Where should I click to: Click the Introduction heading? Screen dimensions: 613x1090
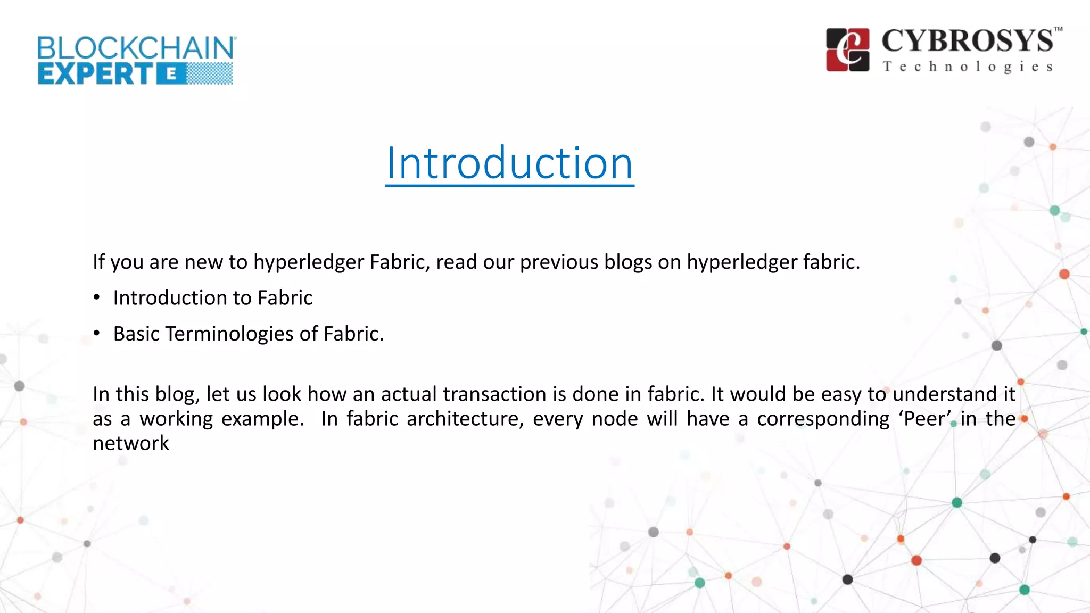(x=509, y=163)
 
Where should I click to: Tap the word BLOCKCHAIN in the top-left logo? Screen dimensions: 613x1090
(x=136, y=48)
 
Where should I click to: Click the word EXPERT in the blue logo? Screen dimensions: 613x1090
(x=96, y=73)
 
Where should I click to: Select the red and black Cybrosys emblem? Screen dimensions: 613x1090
(x=848, y=49)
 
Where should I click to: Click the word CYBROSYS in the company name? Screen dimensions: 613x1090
(x=967, y=41)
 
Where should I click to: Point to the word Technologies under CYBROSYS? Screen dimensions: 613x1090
(x=968, y=67)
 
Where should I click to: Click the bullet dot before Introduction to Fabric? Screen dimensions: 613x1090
(x=96, y=297)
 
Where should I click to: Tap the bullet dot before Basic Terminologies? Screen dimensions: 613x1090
(x=96, y=334)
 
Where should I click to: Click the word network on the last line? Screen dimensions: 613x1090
(x=131, y=443)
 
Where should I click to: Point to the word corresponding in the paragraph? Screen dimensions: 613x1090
(x=823, y=419)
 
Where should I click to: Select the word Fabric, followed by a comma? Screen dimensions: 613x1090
(x=400, y=262)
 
